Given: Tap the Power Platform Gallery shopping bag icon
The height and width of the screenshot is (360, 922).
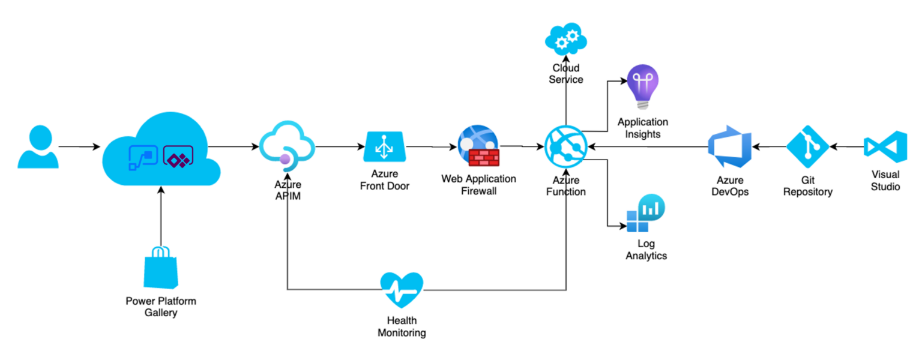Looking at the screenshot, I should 160,268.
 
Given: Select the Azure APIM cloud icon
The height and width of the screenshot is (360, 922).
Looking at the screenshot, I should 287,146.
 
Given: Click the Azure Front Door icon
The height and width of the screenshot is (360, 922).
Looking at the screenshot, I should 384,147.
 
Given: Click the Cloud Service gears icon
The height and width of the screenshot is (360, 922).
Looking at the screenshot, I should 565,40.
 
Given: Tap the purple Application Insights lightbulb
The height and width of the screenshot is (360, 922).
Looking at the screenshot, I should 642,87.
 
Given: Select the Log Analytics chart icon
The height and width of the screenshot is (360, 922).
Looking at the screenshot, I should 645,214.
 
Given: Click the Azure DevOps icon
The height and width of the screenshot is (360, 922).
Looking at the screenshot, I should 729,147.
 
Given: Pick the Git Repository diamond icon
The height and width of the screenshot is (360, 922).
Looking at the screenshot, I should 807,147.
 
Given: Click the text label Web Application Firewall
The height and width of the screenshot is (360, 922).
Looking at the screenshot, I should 478,185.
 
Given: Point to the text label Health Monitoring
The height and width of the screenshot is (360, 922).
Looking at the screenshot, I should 402,326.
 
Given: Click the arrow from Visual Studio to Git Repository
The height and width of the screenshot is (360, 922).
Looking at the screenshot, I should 846,146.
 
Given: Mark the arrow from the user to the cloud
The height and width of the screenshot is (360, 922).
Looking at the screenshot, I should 80,146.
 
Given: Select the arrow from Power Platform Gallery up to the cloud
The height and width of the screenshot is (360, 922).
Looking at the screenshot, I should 160,216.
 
